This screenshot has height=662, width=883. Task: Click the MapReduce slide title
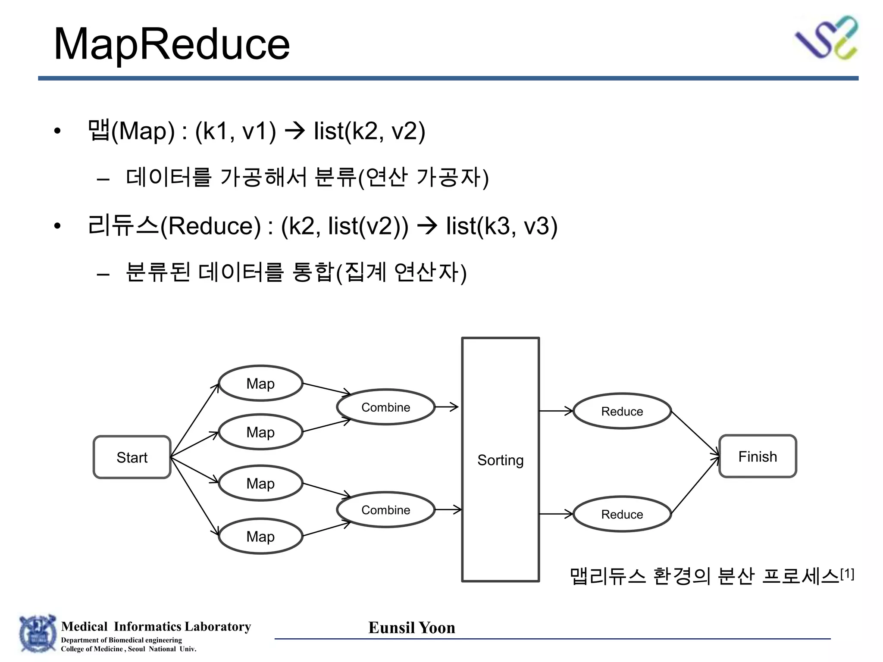click(172, 44)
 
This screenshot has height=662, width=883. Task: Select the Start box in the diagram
click(132, 457)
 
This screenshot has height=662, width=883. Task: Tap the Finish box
click(758, 456)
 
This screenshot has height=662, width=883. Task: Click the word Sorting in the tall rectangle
click(500, 460)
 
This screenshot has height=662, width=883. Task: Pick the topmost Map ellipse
click(260, 383)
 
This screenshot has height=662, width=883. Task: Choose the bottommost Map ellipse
click(260, 536)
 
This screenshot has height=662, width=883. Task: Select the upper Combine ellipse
click(385, 407)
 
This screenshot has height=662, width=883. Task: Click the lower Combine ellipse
click(385, 510)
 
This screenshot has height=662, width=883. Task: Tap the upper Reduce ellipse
click(622, 411)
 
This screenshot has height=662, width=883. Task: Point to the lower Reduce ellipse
click(622, 514)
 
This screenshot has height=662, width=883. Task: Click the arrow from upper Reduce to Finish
click(695, 433)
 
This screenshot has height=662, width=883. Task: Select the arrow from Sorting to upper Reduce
click(556, 411)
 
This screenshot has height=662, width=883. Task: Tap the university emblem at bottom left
click(38, 634)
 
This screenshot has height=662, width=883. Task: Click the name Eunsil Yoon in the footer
click(412, 628)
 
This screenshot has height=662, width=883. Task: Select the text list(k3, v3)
click(501, 226)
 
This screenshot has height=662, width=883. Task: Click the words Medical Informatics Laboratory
click(156, 626)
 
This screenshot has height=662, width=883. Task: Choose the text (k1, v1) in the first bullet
click(235, 131)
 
